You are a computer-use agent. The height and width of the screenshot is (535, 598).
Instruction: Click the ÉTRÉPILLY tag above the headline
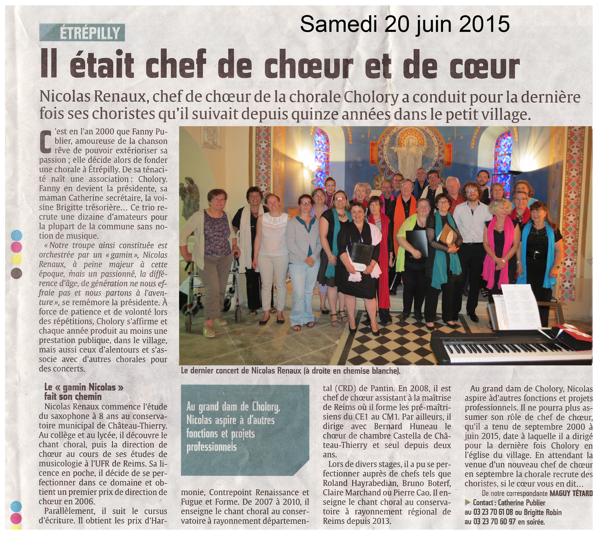(82, 32)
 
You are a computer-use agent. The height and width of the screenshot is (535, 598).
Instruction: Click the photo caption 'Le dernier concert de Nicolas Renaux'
(290, 371)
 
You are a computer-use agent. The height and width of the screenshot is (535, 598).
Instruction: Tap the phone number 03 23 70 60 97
(492, 522)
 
